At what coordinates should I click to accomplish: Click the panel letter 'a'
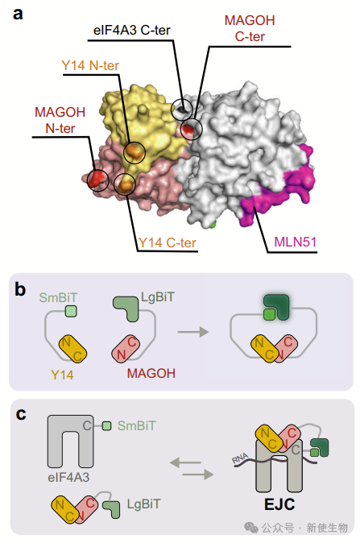pyautogui.click(x=18, y=14)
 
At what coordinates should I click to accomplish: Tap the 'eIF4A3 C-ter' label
pyautogui.click(x=132, y=30)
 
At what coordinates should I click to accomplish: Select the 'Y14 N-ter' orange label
pyautogui.click(x=90, y=65)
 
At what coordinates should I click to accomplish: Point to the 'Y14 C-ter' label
pyautogui.click(x=168, y=242)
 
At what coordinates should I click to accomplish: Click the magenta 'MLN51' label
pyautogui.click(x=296, y=242)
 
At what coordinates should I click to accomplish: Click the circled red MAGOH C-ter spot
pyautogui.click(x=188, y=129)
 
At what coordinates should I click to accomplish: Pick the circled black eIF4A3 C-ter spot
pyautogui.click(x=183, y=110)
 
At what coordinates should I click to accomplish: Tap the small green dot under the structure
pyautogui.click(x=213, y=224)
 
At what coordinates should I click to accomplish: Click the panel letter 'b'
pyautogui.click(x=20, y=289)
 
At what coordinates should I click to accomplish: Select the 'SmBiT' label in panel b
pyautogui.click(x=58, y=297)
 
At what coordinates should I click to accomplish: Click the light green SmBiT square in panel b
pyautogui.click(x=71, y=311)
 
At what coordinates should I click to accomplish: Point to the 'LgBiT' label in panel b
pyautogui.click(x=158, y=297)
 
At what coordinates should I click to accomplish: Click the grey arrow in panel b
pyautogui.click(x=193, y=332)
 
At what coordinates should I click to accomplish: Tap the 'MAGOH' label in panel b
pyautogui.click(x=151, y=373)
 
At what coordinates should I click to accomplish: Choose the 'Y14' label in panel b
pyautogui.click(x=62, y=375)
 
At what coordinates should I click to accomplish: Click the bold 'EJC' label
pyautogui.click(x=279, y=504)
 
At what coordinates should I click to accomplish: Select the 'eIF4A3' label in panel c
pyautogui.click(x=69, y=477)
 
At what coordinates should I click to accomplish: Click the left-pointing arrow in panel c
pyautogui.click(x=185, y=462)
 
